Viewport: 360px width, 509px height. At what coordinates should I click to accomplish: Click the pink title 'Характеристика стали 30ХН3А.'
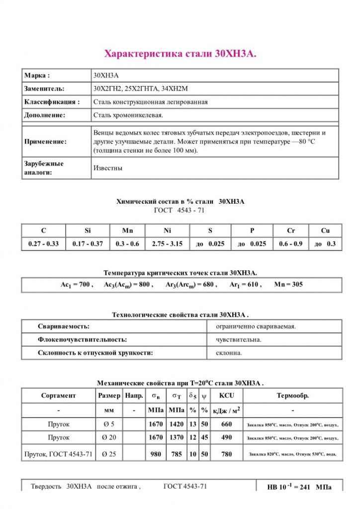point(180,54)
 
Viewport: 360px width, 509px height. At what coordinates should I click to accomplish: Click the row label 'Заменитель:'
point(44,88)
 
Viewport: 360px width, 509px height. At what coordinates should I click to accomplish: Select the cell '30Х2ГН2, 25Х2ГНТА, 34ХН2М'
point(140,88)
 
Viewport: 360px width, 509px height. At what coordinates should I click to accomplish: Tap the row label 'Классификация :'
point(52,102)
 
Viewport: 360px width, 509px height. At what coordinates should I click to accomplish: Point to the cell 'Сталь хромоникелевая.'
point(128,115)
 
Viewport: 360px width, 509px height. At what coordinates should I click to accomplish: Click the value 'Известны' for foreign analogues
point(108,168)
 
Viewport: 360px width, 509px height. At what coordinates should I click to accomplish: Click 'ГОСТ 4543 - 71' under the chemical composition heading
point(180,210)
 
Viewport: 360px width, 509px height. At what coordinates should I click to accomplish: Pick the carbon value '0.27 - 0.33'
point(44,244)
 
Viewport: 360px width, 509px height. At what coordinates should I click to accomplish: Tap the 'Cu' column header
point(325,231)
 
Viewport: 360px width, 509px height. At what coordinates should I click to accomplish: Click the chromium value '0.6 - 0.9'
point(291,244)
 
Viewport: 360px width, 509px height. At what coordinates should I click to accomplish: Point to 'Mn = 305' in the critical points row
point(288,285)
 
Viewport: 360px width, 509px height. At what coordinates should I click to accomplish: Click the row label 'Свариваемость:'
point(64,327)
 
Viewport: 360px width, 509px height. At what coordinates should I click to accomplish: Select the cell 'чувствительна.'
point(239,340)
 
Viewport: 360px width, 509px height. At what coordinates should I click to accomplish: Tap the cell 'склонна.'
point(229,353)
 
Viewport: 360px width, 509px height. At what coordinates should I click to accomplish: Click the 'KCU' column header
point(227,396)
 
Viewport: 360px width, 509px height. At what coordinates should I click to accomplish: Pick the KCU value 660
point(227,424)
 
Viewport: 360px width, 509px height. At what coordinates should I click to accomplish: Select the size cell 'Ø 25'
point(109,454)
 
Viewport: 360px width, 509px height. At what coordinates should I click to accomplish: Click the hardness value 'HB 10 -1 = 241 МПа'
point(299,488)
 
